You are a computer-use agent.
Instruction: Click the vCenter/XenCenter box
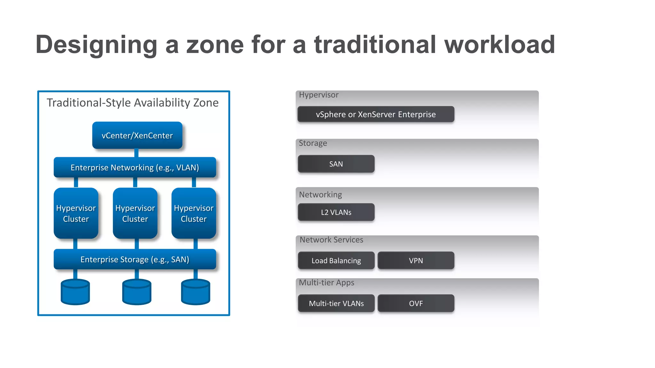(x=137, y=135)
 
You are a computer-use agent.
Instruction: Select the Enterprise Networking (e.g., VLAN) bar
(x=135, y=167)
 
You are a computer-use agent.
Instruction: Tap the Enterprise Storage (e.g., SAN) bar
(x=135, y=259)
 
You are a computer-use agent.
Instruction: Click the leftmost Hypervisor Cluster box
(x=76, y=213)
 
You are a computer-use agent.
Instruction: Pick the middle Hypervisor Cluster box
(x=135, y=213)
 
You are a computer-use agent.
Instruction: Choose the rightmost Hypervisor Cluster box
(x=193, y=213)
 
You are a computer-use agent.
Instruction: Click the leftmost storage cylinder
(x=75, y=292)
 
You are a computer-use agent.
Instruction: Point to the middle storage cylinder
(x=137, y=292)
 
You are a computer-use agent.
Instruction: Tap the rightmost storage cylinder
(x=195, y=292)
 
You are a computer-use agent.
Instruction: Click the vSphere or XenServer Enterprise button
(x=376, y=114)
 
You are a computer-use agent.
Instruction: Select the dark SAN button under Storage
(x=336, y=164)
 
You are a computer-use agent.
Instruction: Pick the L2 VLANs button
(x=336, y=212)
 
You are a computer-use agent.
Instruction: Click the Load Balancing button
(x=336, y=261)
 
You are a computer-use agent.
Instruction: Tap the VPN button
(x=416, y=261)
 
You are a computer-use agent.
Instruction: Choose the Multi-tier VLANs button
(x=336, y=303)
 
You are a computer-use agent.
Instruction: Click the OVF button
(x=416, y=303)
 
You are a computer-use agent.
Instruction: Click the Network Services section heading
(x=331, y=240)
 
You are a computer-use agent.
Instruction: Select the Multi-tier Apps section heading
(x=327, y=283)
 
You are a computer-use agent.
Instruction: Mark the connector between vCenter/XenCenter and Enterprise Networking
(x=136, y=153)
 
